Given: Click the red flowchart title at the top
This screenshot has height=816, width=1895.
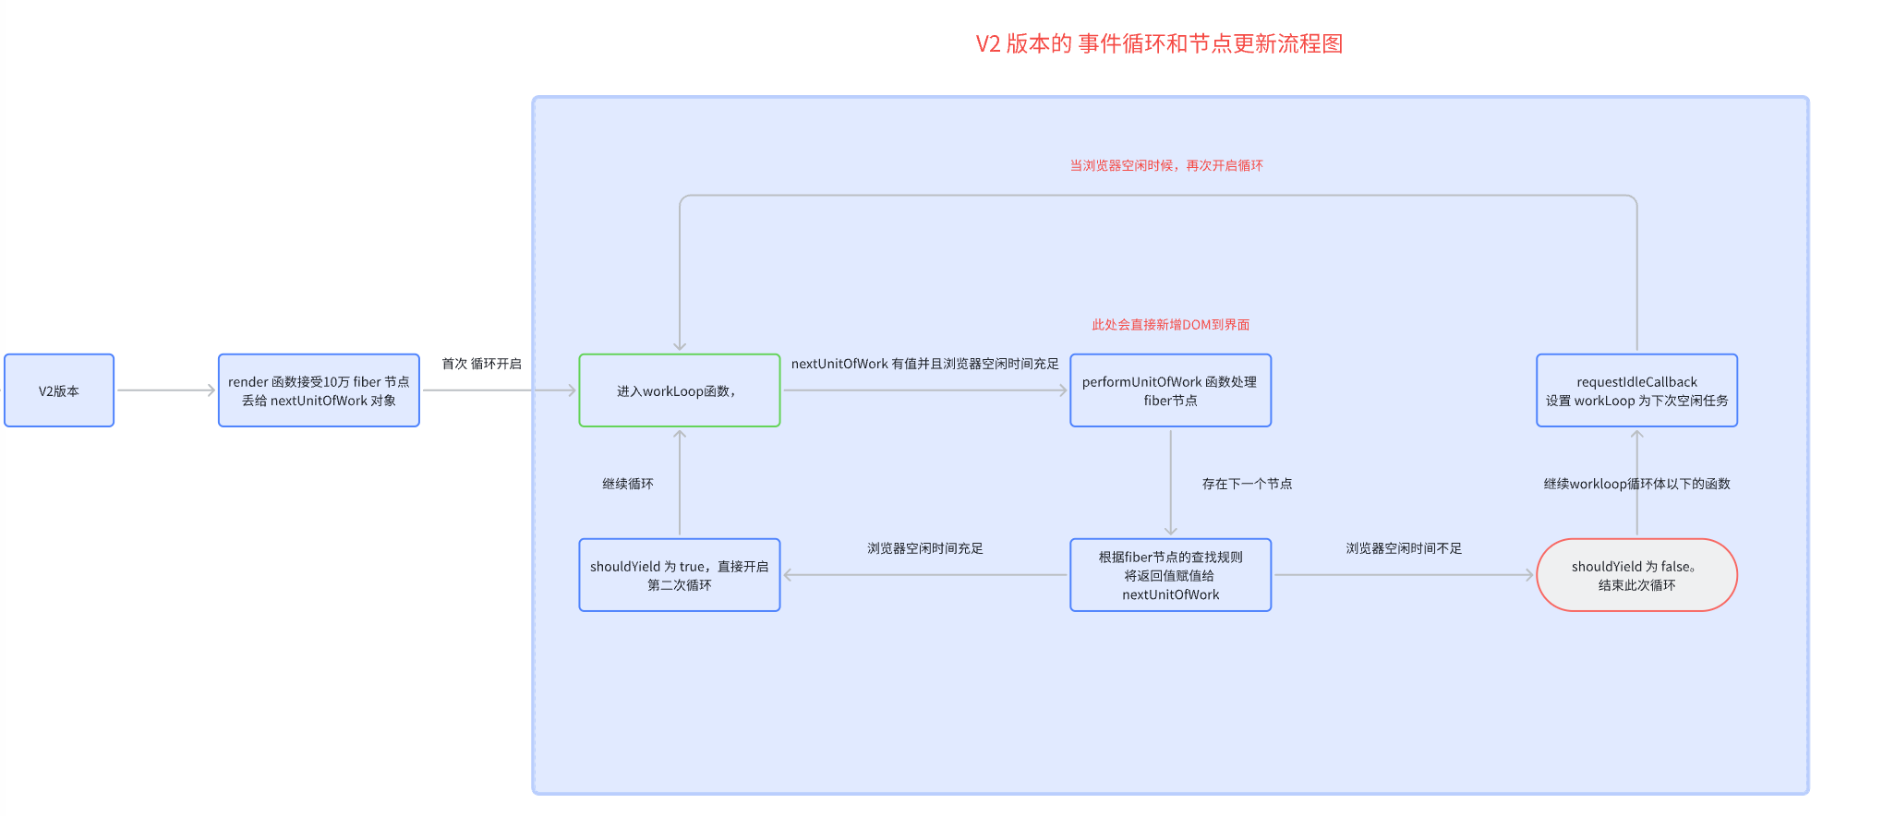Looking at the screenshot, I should (x=1159, y=43).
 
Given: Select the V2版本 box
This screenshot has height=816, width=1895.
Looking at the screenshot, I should (x=59, y=390).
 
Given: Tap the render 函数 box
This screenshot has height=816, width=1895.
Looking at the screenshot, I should (x=319, y=390).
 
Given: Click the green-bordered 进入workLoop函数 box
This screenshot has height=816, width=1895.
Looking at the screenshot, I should (x=679, y=390).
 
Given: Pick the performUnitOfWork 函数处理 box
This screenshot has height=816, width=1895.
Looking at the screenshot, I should (x=1170, y=390).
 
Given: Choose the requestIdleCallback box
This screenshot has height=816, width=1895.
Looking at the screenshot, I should (x=1636, y=390).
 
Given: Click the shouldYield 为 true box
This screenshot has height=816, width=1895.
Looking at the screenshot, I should (x=679, y=575).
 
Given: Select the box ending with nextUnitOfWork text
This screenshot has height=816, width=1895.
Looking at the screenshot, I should (x=1170, y=575).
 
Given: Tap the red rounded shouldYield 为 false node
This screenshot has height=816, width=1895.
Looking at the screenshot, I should (x=1636, y=575).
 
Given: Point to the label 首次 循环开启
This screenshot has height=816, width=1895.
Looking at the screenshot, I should (x=481, y=364).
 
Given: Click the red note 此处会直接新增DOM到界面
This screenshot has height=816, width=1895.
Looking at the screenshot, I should (x=1170, y=325).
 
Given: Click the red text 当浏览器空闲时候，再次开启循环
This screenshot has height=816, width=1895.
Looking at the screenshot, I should (x=1166, y=165).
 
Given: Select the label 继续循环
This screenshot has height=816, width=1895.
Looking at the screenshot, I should (x=628, y=484).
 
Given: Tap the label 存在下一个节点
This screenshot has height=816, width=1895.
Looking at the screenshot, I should (x=1247, y=484).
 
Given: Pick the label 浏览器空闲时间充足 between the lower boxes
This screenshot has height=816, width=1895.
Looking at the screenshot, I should (x=924, y=548).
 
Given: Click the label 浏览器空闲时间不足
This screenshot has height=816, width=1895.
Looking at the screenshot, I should (x=1404, y=548).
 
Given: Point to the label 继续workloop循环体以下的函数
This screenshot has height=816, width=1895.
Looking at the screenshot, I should (x=1636, y=484).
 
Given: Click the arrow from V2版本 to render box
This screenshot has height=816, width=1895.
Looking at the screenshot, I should (x=166, y=390).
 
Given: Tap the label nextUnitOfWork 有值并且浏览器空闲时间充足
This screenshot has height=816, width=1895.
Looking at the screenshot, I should (x=924, y=364).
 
